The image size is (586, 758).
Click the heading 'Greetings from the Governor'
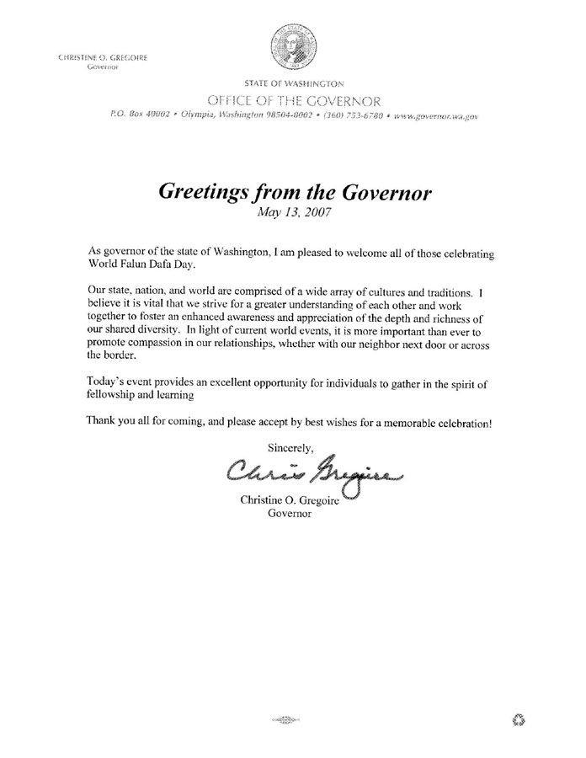[295, 193]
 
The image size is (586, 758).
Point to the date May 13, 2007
[294, 213]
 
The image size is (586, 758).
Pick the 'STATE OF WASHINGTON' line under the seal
[295, 83]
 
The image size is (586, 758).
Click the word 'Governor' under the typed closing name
[289, 516]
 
